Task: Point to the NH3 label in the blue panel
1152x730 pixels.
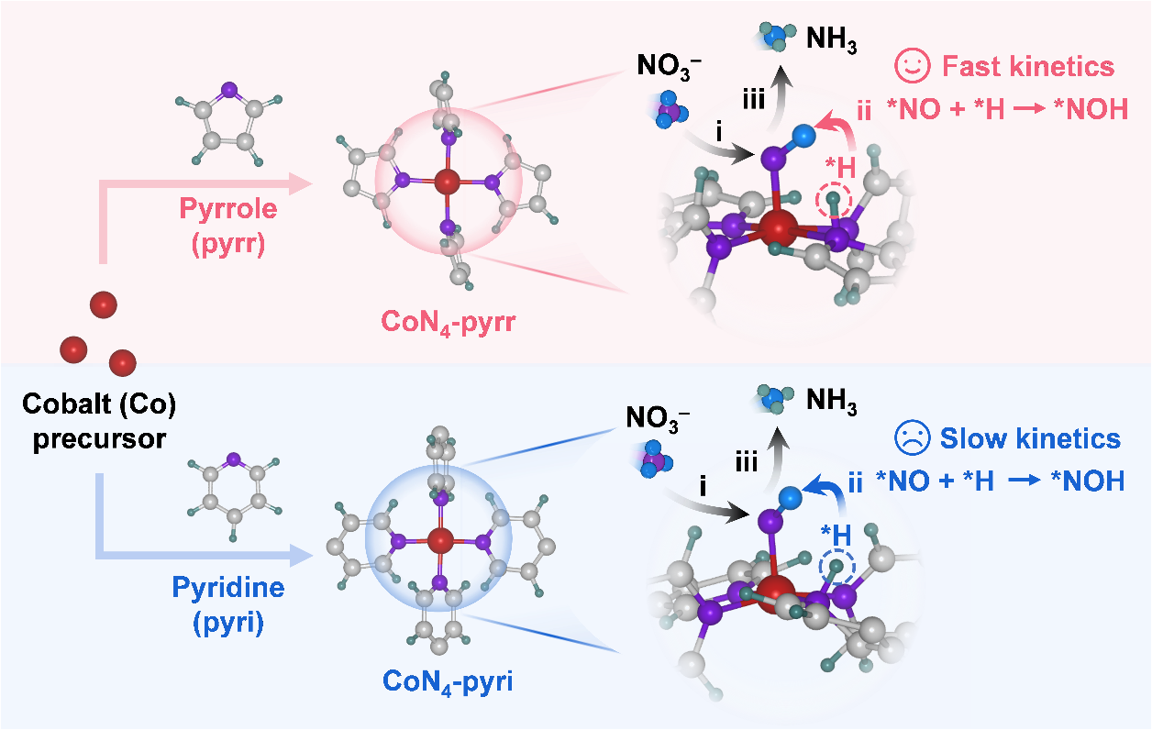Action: pyautogui.click(x=832, y=400)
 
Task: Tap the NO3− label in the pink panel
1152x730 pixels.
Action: pyautogui.click(x=670, y=66)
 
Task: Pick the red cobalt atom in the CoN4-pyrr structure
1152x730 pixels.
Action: pyautogui.click(x=447, y=182)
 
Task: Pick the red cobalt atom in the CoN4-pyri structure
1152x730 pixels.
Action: pyautogui.click(x=441, y=539)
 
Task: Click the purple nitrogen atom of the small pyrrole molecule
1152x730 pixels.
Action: pyautogui.click(x=228, y=90)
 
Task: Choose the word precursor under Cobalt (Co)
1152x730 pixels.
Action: pyautogui.click(x=100, y=438)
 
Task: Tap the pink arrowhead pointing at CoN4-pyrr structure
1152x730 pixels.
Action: pyautogui.click(x=303, y=184)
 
